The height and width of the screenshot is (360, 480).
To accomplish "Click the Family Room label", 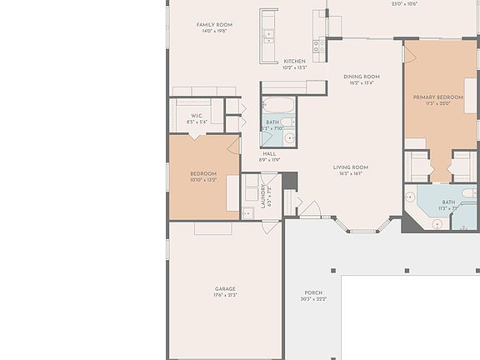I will coord(214,25).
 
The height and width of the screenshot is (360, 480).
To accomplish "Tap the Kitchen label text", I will coord(294,61).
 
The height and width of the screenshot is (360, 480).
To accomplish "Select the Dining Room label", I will coord(362,77).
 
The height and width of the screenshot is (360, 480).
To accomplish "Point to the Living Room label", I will coord(351,167).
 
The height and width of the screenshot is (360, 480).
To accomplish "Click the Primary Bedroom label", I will coord(437,97).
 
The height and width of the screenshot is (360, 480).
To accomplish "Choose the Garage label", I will coord(225,289).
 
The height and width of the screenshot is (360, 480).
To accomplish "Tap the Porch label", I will coord(313,292).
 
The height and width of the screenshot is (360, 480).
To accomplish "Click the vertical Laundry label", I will coord(263,197).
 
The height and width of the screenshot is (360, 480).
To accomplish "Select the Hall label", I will coord(269,153).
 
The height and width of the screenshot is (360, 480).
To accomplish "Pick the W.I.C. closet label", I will coord(197,116).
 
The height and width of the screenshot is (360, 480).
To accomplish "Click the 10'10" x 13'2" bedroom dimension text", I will coord(203,179).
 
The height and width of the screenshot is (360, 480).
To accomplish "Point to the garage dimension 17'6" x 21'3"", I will coord(225,296).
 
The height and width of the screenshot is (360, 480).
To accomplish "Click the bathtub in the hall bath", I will coord(278,107).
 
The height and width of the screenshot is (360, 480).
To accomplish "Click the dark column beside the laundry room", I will coord(289,180).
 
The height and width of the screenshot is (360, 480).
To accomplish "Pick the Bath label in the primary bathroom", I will coord(448,202).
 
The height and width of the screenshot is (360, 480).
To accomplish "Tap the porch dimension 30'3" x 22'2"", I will coord(313,299).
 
